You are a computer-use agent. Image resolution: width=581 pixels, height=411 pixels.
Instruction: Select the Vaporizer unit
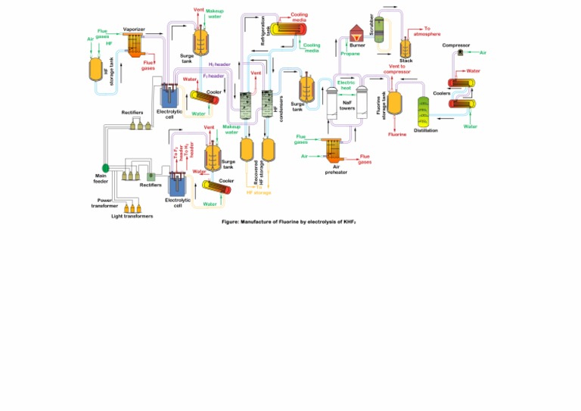pos(134,45)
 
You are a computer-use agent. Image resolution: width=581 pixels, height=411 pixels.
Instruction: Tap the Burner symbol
pos(356,34)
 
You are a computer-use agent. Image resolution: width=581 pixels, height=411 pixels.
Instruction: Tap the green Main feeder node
pos(106,167)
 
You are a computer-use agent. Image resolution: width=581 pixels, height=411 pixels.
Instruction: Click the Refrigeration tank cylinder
pos(287,28)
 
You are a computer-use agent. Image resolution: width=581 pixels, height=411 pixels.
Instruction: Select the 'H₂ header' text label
pos(219,65)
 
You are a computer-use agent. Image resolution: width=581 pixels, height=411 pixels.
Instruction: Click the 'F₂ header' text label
pos(213,76)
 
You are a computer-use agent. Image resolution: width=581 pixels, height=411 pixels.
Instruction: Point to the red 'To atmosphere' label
pos(427,31)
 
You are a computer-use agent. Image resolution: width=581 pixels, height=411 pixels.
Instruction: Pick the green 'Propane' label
pos(350,54)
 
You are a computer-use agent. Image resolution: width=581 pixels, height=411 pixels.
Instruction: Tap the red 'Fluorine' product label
pos(397,134)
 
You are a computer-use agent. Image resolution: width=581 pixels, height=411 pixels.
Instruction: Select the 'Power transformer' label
pos(104,203)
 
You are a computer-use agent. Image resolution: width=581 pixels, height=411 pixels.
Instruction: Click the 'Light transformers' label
pos(132,216)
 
